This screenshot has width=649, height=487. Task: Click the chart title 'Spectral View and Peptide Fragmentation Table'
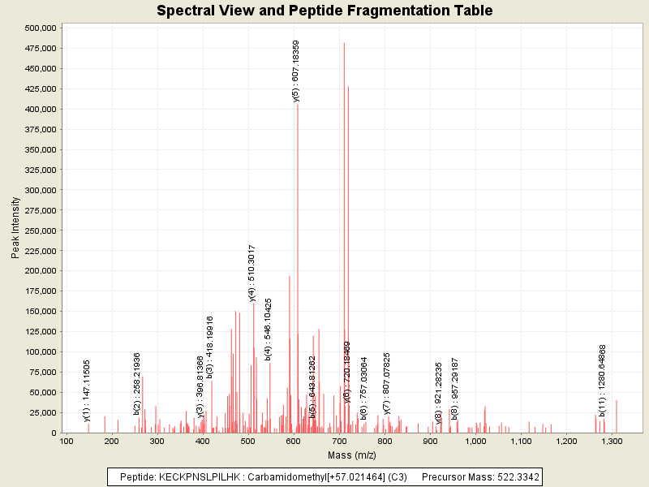coord(324,11)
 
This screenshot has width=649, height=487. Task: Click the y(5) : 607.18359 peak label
coord(297,71)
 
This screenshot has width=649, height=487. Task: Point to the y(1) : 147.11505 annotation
coord(88,390)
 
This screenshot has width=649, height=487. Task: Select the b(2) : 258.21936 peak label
coord(138,383)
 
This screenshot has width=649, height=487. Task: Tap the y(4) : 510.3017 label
coord(252,273)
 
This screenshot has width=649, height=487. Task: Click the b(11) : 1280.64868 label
coord(603,380)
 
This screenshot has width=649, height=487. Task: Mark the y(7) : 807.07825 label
coord(387,383)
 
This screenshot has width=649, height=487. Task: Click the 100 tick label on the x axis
coord(67,442)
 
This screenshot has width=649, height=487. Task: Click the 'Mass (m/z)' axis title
coord(351,455)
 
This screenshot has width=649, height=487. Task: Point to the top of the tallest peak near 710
coord(344,43)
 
